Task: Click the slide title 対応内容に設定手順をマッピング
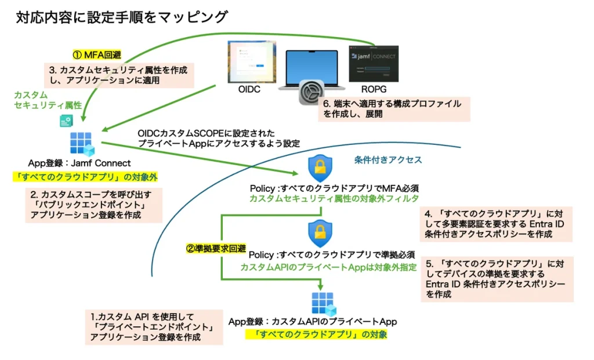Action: [121, 17]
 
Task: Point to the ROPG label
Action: [372, 91]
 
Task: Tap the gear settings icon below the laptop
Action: [311, 94]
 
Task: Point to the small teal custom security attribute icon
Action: [66, 121]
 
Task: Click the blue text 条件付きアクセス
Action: [387, 160]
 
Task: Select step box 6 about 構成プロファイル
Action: [393, 109]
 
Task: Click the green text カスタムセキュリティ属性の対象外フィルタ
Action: [334, 198]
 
